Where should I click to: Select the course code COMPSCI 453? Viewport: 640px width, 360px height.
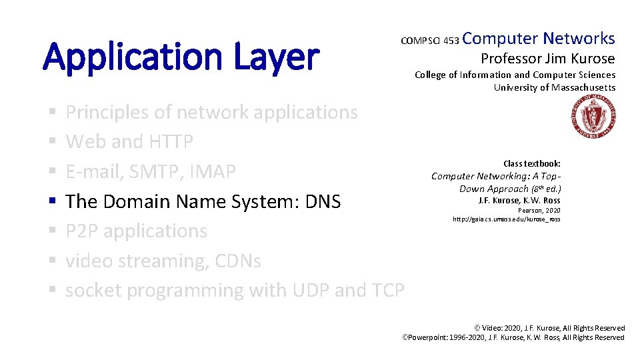click(429, 41)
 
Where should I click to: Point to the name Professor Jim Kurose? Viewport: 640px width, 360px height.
click(547, 58)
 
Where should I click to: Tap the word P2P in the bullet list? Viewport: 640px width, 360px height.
click(82, 231)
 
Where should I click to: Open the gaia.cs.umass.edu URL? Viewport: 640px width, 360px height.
click(506, 219)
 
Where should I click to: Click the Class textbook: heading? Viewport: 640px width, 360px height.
click(531, 163)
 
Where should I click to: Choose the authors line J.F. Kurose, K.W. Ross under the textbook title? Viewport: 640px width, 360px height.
click(519, 200)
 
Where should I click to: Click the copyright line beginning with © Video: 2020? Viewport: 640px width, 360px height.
click(549, 328)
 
